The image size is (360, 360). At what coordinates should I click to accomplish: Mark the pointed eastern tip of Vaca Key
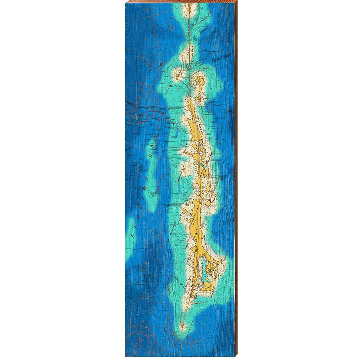pyautogui.click(x=221, y=262)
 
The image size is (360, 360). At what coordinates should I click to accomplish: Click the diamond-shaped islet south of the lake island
pyautogui.click(x=197, y=98)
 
